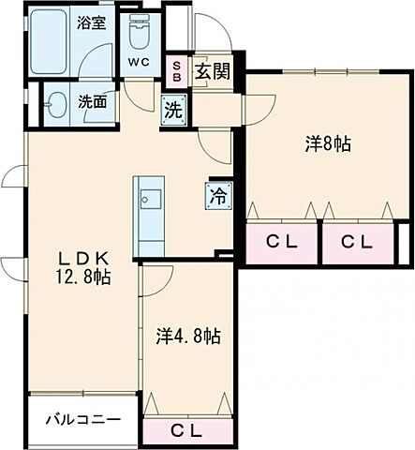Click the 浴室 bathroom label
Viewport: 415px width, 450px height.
[x=91, y=22]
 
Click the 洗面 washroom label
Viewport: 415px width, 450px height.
[x=91, y=103]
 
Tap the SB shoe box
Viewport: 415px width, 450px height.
[x=176, y=69]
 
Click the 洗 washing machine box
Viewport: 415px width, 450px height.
[x=173, y=108]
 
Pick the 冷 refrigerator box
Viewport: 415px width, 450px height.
[x=215, y=197]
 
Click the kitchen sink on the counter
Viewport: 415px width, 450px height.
[x=150, y=199]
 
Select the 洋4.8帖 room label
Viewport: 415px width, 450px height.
[x=187, y=335]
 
